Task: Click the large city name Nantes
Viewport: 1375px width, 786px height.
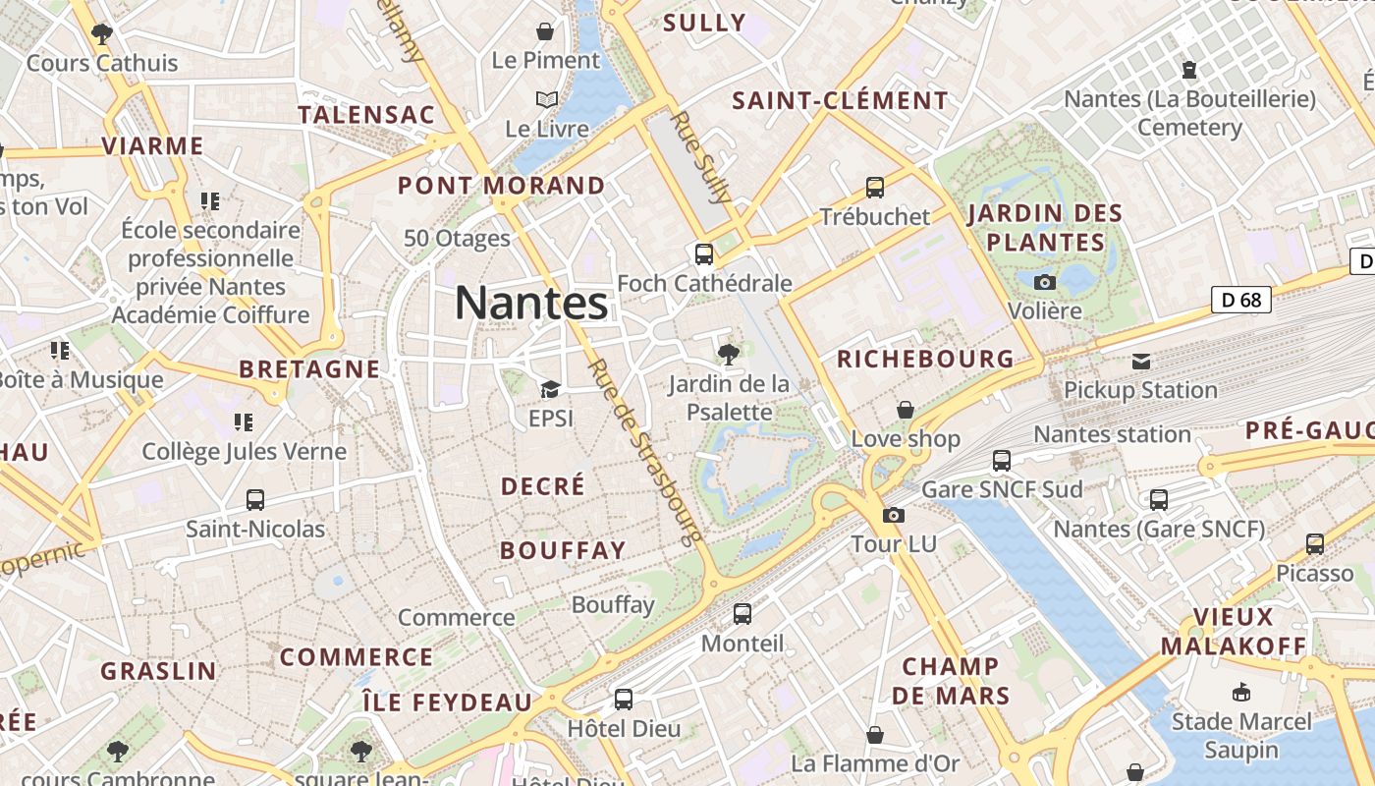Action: (x=531, y=303)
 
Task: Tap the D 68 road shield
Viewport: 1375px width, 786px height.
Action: (x=1241, y=300)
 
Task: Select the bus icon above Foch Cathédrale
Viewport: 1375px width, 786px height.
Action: (x=704, y=254)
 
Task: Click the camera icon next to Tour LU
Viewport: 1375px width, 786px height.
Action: (x=893, y=515)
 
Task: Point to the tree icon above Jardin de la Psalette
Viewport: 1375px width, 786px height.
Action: (x=728, y=354)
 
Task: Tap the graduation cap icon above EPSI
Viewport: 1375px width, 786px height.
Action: (x=550, y=390)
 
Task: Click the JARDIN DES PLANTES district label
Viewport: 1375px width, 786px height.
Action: (x=1045, y=227)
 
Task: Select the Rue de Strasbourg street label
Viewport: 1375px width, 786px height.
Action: (x=645, y=452)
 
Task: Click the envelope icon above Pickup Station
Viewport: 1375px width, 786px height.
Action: (x=1140, y=362)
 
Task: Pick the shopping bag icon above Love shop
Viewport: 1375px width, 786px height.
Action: (x=905, y=410)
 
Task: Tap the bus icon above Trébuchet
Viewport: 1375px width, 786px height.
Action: (x=874, y=187)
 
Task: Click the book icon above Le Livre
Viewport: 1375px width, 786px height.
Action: (x=546, y=99)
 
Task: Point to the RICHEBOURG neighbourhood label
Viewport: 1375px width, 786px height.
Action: (x=925, y=359)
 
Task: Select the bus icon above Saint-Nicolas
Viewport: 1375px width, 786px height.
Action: (x=255, y=499)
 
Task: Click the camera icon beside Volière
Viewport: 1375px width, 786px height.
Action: (x=1045, y=283)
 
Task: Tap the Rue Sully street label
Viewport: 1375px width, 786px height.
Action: (x=701, y=157)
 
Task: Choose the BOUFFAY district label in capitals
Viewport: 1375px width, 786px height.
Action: (x=563, y=550)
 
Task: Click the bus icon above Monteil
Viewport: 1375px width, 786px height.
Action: (x=742, y=614)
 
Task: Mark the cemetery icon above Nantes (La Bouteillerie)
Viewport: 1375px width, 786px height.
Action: (x=1189, y=70)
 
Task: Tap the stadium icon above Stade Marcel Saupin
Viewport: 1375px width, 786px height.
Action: (x=1241, y=692)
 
